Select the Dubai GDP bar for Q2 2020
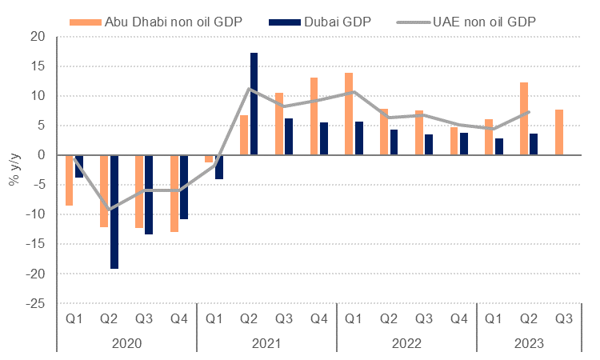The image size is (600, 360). [114, 212]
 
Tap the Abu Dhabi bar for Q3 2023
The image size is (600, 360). [558, 132]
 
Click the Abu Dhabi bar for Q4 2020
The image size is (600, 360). [174, 193]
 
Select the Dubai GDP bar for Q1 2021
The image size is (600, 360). [218, 166]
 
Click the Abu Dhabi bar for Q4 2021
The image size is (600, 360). [314, 116]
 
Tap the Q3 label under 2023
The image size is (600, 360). [563, 318]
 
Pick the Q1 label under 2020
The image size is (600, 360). [74, 318]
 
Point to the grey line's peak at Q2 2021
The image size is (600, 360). [250, 88]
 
